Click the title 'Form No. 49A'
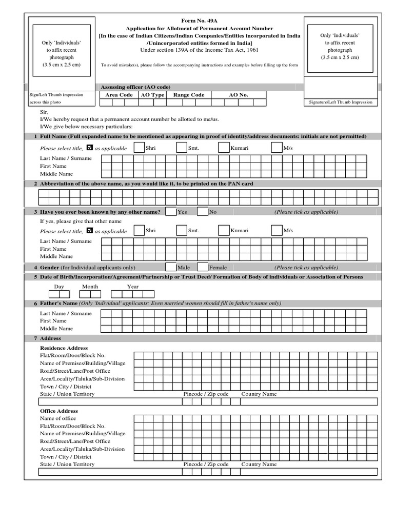(200, 21)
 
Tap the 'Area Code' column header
(119, 95)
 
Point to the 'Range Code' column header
(188, 95)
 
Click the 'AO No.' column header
(238, 95)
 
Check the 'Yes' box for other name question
(171, 212)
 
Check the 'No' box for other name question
(203, 212)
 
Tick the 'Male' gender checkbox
(171, 267)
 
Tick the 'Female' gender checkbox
(202, 267)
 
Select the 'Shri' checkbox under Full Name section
(139, 148)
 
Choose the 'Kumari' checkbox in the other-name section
(223, 231)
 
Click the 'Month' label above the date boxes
(90, 287)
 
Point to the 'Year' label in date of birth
(132, 287)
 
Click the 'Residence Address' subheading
(64, 348)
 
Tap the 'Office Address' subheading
(59, 411)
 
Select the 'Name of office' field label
(57, 418)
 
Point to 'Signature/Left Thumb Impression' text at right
(341, 102)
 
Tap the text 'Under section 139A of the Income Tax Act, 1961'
(200, 50)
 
